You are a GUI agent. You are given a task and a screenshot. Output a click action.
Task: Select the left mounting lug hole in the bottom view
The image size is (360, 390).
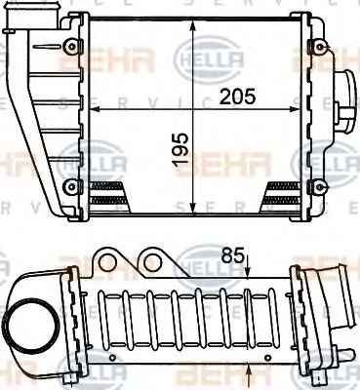coord(108,261)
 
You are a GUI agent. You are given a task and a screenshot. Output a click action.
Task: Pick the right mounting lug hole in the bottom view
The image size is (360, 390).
coord(151,261)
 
